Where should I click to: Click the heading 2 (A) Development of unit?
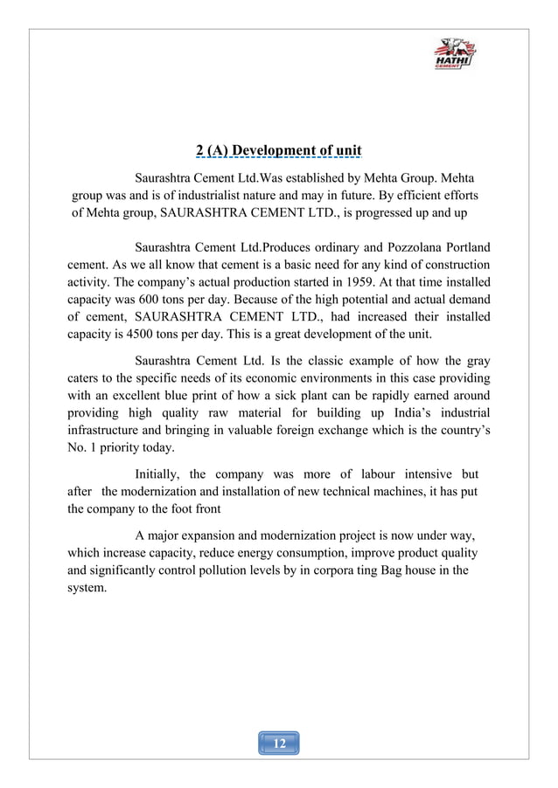(278, 150)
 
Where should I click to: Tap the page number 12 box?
(279, 743)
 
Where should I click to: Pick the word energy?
(295, 555)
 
